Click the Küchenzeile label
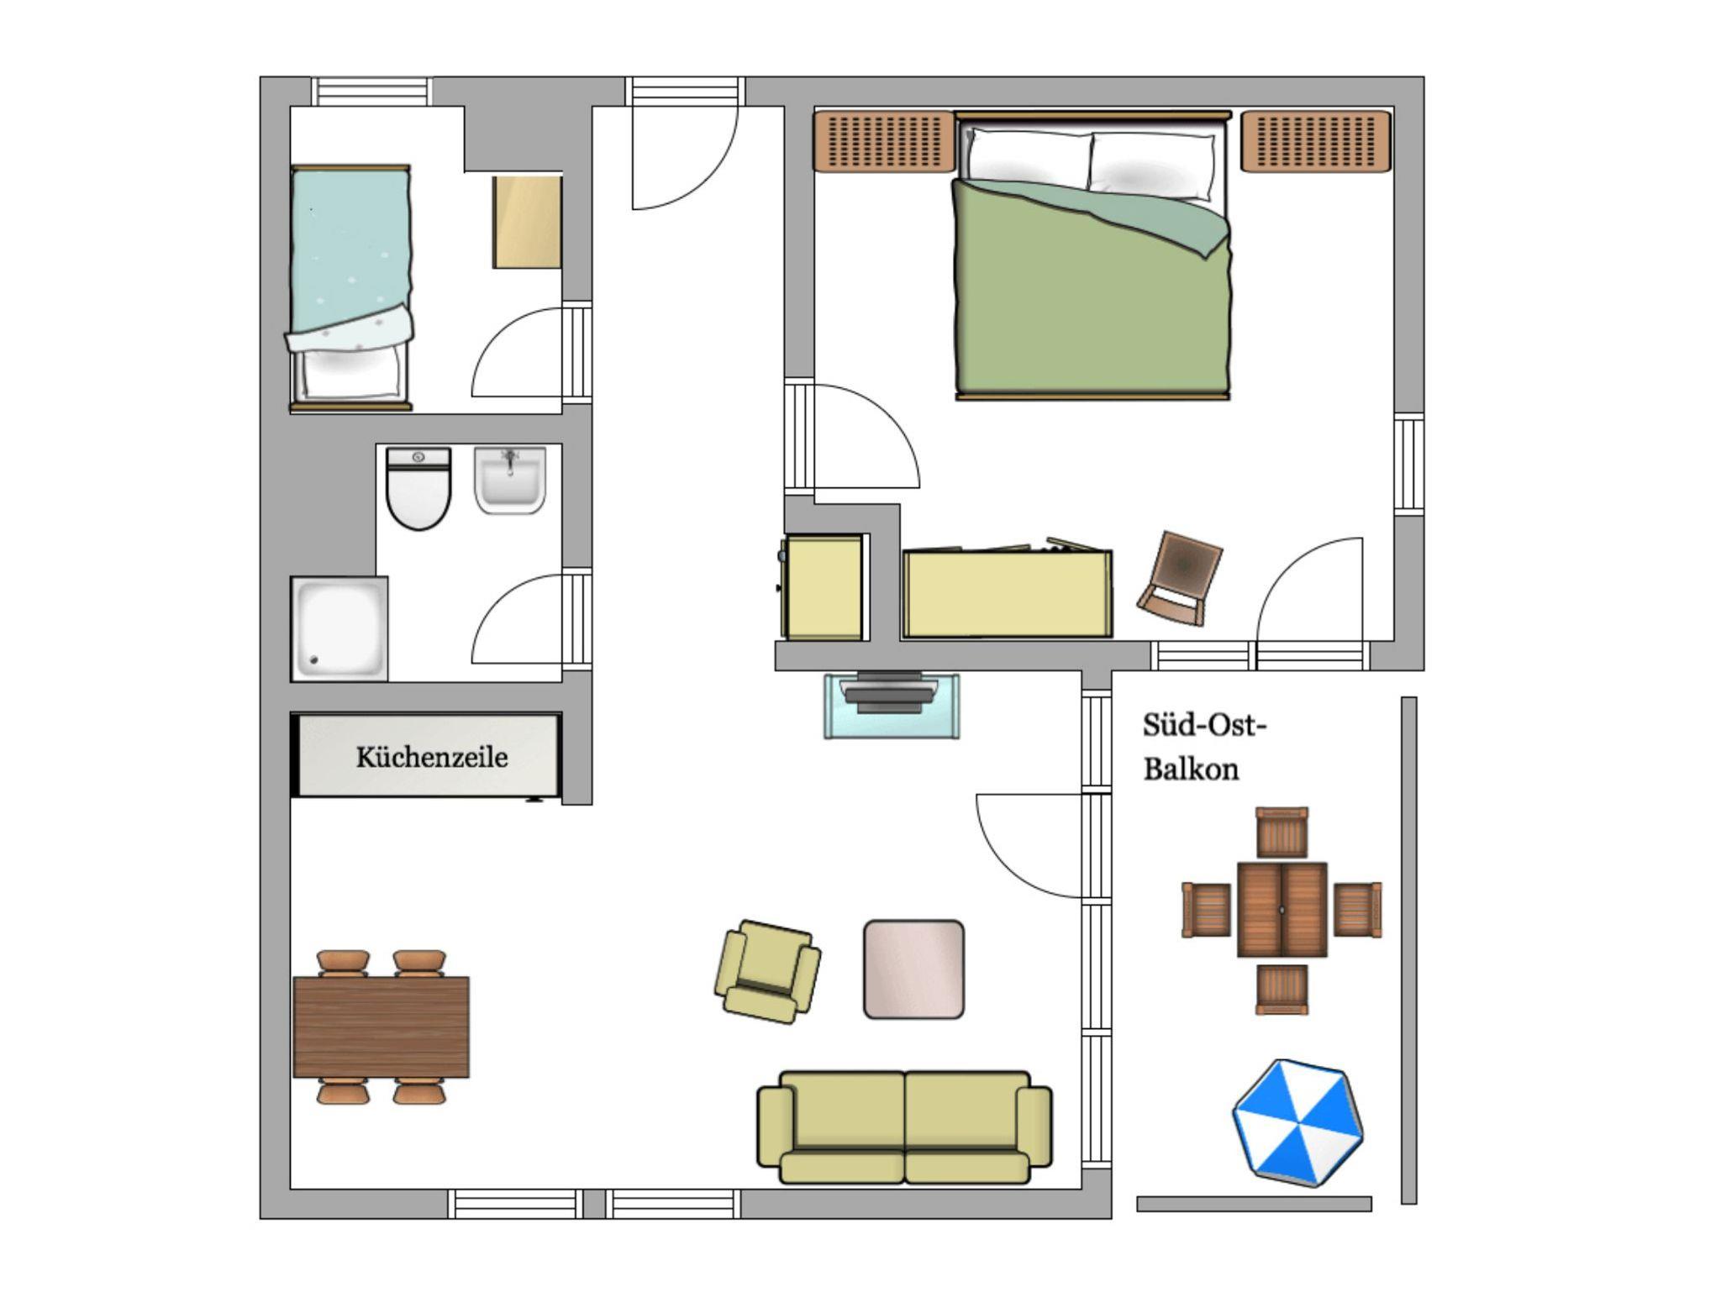[431, 758]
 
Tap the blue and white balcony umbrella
[1297, 1122]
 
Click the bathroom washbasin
[510, 480]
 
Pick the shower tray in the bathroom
[339, 628]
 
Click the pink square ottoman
[913, 969]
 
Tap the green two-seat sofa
[904, 1127]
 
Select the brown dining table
[381, 1027]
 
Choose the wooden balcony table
[1282, 910]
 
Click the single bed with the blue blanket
[351, 287]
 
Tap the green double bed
[1092, 255]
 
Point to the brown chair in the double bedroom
[1179, 578]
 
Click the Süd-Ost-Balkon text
[1204, 747]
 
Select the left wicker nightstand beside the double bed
[884, 141]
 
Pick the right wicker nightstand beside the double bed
[1316, 141]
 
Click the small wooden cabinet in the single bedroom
[527, 223]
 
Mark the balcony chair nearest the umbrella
[1282, 989]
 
